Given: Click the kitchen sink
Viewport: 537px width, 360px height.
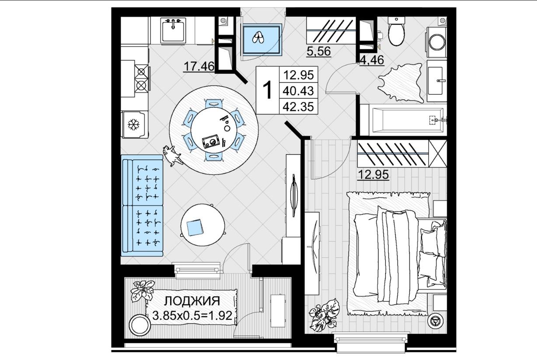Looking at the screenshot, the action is [x=173, y=31].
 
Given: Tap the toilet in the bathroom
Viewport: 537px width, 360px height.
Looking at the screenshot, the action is [x=396, y=31].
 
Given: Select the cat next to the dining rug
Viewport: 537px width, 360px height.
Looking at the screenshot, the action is [x=172, y=156].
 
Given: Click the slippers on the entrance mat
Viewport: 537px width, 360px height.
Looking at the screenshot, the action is [x=258, y=38].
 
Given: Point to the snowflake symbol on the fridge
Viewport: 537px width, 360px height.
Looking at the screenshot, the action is [x=133, y=125].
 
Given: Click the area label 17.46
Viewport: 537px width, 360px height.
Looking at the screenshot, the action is [x=199, y=66].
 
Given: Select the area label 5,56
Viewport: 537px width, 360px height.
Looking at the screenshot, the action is [x=319, y=52].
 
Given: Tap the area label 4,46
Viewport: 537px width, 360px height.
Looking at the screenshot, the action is [x=372, y=60].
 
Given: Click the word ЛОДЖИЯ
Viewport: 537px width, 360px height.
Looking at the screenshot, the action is [x=192, y=301].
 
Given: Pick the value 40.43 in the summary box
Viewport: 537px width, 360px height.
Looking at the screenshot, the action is [x=299, y=91].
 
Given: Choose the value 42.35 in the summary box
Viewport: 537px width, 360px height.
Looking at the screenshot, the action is [x=299, y=107].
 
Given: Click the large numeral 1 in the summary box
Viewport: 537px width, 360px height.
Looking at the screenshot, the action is [x=267, y=90].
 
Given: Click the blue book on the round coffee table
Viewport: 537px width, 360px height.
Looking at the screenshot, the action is [x=195, y=228].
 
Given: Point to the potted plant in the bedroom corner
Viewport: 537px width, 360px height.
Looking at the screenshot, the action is [x=324, y=315].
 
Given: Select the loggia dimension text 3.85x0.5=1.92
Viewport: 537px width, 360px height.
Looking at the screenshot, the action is [x=192, y=315].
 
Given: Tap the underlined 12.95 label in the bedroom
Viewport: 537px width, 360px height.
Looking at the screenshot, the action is [x=373, y=174].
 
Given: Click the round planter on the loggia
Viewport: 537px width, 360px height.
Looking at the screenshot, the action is [x=140, y=325].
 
